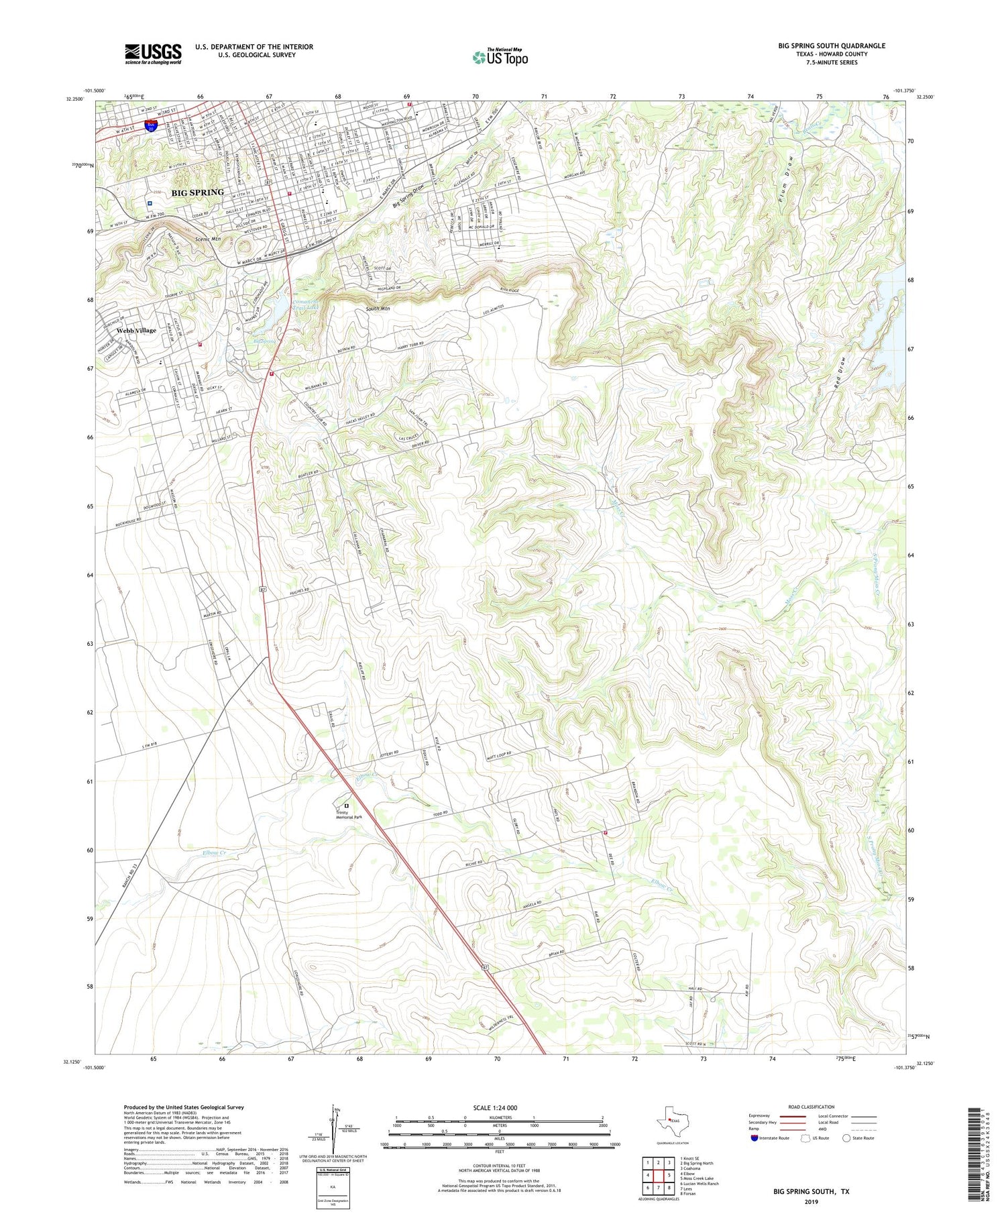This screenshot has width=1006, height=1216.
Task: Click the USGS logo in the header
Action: click(x=153, y=54)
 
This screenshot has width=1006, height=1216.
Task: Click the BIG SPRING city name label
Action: click(x=197, y=192)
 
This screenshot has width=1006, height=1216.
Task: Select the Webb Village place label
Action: click(x=136, y=331)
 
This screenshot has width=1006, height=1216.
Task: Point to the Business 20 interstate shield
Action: click(x=152, y=125)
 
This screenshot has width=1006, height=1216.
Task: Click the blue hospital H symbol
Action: click(x=150, y=203)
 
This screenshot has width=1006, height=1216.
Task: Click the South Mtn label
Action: click(x=378, y=309)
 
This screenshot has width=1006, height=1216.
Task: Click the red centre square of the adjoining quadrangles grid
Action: click(x=659, y=1175)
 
